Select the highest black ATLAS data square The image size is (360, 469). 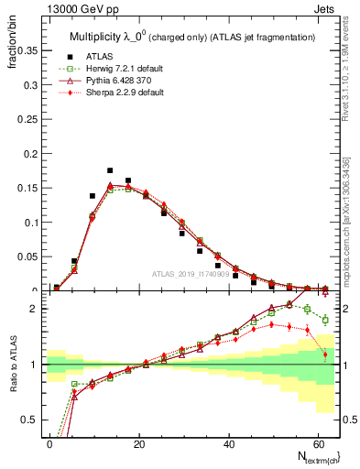(x=110, y=170)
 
